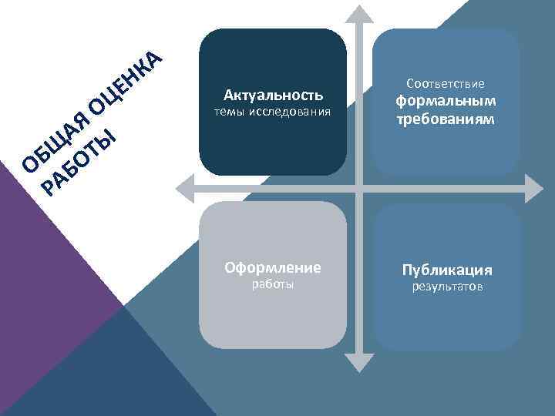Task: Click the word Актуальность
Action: [x=273, y=96]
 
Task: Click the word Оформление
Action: [x=272, y=268]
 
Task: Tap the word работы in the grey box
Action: [x=273, y=286]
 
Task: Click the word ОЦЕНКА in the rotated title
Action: [x=123, y=83]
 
